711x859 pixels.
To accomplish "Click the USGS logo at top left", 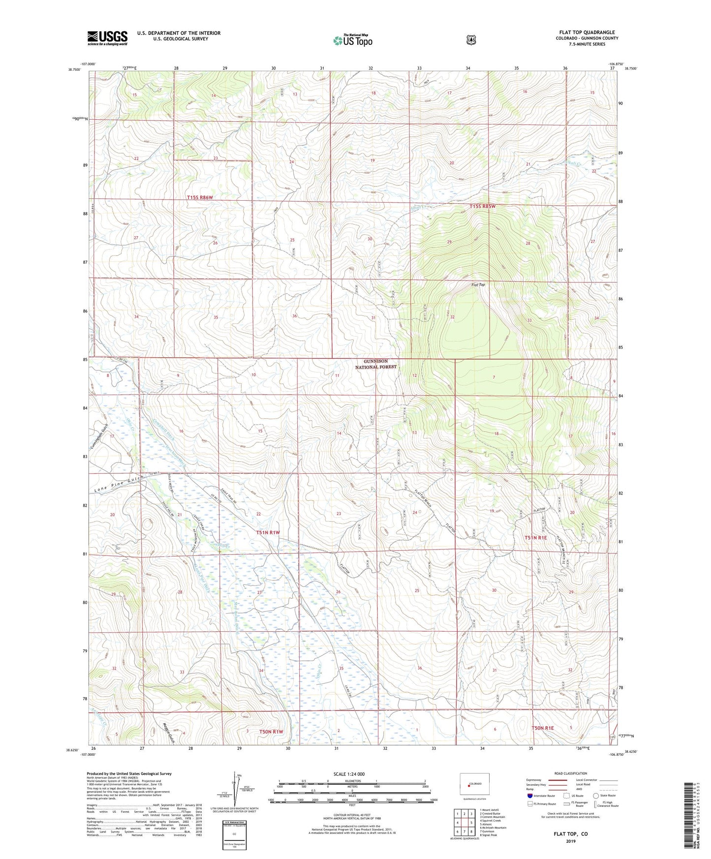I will coord(107,38).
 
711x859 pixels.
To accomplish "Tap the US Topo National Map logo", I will coord(352,40).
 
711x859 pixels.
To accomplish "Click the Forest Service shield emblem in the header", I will coord(471,40).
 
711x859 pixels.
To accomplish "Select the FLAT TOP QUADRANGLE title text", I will coord(587,32).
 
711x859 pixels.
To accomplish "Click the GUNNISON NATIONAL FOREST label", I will coord(376,364).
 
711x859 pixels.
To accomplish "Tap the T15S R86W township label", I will coord(200,197).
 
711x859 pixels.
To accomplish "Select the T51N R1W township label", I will coord(268,532).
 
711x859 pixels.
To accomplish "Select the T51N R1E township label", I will coord(535,538).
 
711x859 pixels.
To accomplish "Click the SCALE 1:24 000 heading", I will coord(349,774).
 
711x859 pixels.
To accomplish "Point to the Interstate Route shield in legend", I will coord(529,795).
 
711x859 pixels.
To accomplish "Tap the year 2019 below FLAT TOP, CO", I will coord(570,841).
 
